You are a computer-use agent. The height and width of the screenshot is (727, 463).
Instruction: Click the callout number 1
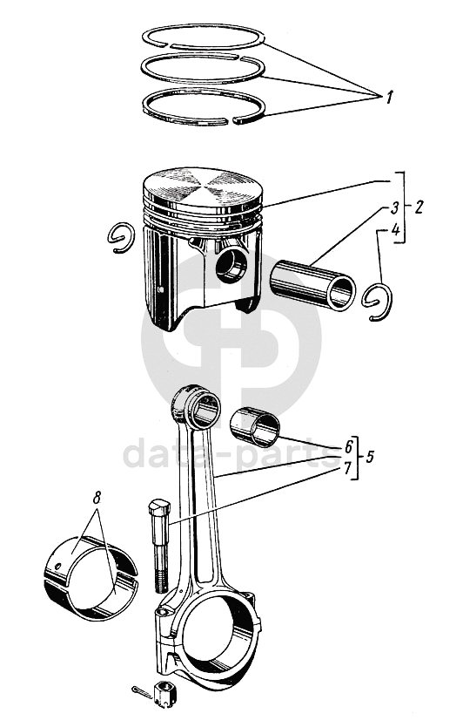click(x=388, y=98)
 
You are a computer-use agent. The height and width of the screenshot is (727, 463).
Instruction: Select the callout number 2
click(x=418, y=207)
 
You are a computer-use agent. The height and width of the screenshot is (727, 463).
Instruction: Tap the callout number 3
click(x=394, y=208)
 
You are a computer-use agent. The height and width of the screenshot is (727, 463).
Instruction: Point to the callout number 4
click(x=395, y=230)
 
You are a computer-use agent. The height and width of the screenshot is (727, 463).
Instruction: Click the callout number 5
click(x=369, y=457)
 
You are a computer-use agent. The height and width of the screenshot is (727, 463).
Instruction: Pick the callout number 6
click(x=348, y=447)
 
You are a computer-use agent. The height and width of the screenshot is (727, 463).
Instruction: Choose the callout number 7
click(x=347, y=467)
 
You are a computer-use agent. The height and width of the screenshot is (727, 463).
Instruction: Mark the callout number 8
click(x=97, y=499)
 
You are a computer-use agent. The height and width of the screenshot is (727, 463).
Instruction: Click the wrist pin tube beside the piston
click(x=313, y=285)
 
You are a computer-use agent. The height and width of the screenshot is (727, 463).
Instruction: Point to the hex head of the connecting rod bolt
click(x=158, y=510)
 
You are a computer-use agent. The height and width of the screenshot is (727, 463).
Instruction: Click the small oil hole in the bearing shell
click(x=57, y=566)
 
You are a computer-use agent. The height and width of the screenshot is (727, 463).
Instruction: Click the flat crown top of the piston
click(x=203, y=187)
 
